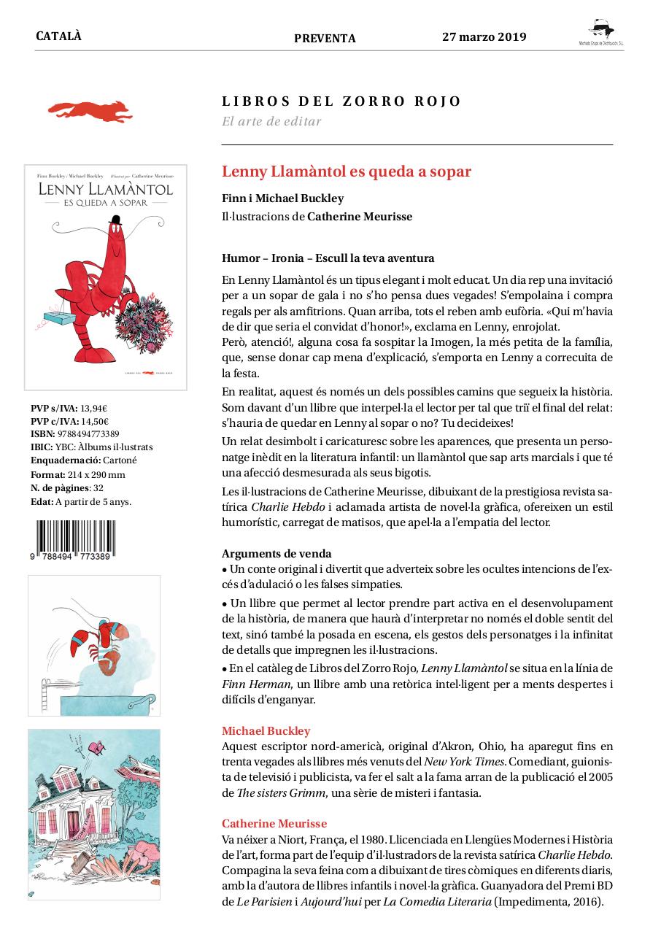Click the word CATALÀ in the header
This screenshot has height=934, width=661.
point(58,36)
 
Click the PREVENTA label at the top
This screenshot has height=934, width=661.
point(325,39)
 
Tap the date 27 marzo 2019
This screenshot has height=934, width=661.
point(484,37)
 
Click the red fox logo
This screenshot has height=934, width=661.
point(90,110)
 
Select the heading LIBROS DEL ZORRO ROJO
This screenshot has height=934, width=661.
point(341,101)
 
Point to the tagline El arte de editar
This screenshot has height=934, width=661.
point(271,121)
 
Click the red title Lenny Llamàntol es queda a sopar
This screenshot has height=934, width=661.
point(347,171)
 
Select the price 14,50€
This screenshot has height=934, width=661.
point(94,421)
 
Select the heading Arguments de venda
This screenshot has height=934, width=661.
point(277,553)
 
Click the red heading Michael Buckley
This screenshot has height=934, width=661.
point(266,730)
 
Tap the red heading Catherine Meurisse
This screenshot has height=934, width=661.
point(274,823)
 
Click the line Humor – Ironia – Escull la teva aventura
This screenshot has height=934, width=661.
point(328,258)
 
